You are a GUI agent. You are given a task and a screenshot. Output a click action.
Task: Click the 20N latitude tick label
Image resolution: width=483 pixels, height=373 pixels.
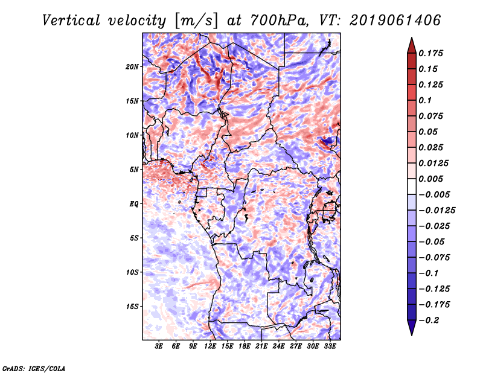pyautogui.click(x=132, y=66)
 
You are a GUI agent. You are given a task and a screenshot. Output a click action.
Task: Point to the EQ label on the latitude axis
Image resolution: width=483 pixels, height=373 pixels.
pyautogui.click(x=134, y=204)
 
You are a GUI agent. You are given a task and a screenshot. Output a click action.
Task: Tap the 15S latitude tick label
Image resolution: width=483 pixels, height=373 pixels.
pyautogui.click(x=132, y=307)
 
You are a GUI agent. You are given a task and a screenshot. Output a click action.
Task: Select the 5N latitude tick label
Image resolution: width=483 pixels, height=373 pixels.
pyautogui.click(x=134, y=170)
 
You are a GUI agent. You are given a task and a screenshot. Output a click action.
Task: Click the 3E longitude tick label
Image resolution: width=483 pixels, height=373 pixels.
pyautogui.click(x=159, y=347)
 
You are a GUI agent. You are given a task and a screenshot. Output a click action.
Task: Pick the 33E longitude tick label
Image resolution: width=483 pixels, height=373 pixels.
pyautogui.click(x=330, y=347)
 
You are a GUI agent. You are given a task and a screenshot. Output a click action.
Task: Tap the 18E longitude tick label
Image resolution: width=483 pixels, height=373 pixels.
pyautogui.click(x=245, y=347)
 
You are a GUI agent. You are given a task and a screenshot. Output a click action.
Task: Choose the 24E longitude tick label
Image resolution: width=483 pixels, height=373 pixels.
pyautogui.click(x=278, y=347)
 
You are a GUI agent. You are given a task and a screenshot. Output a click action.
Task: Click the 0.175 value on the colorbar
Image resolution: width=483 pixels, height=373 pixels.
pyautogui.click(x=433, y=53)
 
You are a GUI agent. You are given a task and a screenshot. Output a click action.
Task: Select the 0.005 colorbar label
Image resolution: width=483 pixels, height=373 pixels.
pyautogui.click(x=433, y=179)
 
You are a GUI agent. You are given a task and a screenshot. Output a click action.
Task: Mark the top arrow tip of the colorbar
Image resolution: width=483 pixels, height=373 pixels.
pyautogui.click(x=411, y=39)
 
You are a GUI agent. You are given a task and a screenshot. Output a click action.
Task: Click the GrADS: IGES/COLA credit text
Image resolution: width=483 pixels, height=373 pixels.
pyautogui.click(x=33, y=368)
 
